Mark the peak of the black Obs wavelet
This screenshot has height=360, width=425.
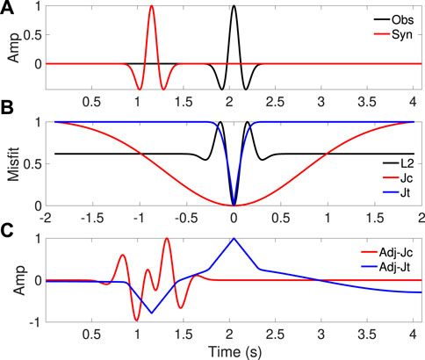tap(234, 7)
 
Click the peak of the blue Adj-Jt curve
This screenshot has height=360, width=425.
tap(233, 238)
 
